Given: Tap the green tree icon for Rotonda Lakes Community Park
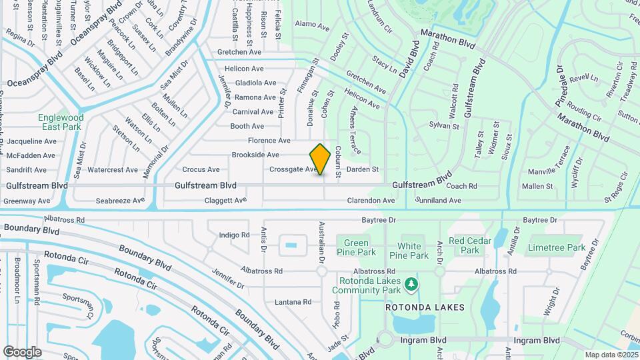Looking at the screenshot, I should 412,285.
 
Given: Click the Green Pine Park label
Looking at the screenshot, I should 356,247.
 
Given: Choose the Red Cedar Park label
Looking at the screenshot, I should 470,245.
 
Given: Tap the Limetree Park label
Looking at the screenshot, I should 556,247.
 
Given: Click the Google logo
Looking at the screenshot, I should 22,351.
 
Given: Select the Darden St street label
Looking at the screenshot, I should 363,169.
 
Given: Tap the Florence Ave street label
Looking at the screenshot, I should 269,141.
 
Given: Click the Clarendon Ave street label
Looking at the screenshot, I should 371,200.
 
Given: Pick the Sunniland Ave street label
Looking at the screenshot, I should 438,200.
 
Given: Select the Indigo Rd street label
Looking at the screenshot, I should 233,235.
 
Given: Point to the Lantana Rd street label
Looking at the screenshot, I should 293,302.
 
